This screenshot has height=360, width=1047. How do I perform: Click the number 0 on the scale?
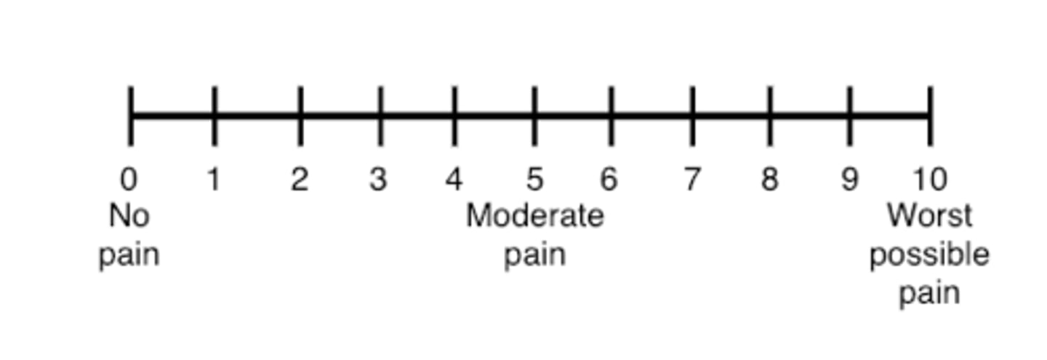tap(129, 179)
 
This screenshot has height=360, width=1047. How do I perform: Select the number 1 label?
tap(213, 179)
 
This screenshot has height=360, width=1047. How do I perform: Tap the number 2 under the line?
tap(299, 179)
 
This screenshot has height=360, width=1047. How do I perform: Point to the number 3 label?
tap(377, 179)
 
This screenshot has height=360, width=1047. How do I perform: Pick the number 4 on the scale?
tap(454, 179)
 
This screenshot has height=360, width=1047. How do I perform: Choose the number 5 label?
tap(534, 179)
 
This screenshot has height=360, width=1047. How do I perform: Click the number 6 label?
tap(609, 179)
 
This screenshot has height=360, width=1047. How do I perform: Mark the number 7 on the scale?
tap(692, 179)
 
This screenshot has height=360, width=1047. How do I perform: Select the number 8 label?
tap(769, 179)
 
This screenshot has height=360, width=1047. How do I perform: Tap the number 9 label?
tap(849, 179)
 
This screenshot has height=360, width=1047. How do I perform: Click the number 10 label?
tap(928, 179)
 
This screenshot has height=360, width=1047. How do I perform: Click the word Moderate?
tap(534, 216)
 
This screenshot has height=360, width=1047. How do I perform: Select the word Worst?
tap(928, 216)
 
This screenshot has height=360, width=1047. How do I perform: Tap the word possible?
tap(928, 255)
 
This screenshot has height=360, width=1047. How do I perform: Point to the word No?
tap(129, 216)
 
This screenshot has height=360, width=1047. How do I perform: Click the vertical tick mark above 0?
tap(131, 115)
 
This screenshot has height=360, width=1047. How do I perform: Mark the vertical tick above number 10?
tap(930, 115)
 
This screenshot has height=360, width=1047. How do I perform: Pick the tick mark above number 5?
tap(535, 115)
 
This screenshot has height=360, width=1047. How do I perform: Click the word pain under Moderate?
tap(534, 255)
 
